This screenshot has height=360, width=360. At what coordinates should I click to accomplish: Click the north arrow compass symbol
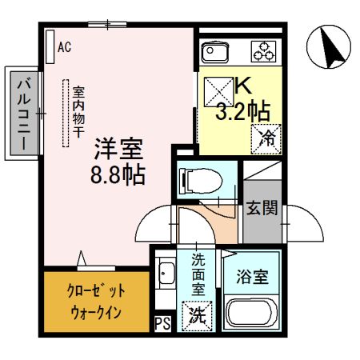[x=330, y=47]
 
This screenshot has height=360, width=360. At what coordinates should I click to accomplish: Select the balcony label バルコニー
[x=23, y=113]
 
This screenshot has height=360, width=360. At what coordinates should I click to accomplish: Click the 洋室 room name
[x=120, y=149]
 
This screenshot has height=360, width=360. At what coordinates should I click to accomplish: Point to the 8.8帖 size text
[x=121, y=174]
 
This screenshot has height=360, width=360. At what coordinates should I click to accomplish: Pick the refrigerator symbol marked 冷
[x=267, y=137]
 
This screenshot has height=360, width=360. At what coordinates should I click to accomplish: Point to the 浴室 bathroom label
[x=255, y=279]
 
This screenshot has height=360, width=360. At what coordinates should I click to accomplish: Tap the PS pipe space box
[x=162, y=324]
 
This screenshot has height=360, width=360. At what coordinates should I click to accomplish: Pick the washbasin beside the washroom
[x=166, y=276]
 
